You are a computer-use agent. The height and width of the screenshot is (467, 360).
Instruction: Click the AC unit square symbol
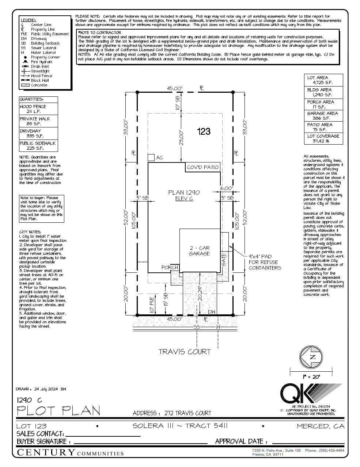coord(151,157)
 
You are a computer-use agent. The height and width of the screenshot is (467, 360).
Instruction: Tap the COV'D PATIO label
coord(202,167)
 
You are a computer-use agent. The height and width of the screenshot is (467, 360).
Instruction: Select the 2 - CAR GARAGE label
coord(199,250)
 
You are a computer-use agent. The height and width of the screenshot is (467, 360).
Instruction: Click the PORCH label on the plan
coord(170,267)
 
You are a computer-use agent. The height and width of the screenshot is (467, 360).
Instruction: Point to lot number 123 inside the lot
coord(204,131)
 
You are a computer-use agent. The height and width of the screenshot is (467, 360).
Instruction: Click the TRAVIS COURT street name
coord(185,352)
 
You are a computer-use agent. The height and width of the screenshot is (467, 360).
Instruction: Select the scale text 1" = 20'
coord(311,377)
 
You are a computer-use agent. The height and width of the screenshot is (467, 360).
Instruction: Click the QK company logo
coord(311,394)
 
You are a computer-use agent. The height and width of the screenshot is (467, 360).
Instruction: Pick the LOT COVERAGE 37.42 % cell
coord(323,138)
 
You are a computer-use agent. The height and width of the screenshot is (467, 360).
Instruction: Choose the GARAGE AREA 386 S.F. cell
coord(323,116)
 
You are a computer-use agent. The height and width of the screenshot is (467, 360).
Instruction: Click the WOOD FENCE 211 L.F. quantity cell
coord(38,109)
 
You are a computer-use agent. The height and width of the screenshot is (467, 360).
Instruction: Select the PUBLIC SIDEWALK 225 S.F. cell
coord(38,146)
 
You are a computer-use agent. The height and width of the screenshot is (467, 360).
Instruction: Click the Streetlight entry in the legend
coord(40,71)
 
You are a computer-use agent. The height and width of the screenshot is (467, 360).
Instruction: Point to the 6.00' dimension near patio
coord(226,188)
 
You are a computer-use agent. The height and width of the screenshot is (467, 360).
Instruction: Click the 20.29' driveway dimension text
coord(200,293)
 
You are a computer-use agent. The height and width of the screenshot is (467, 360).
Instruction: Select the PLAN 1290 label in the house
coord(184,192)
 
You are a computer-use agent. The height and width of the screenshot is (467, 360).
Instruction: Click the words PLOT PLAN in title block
coord(58,411)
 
